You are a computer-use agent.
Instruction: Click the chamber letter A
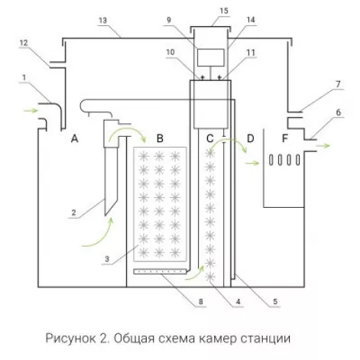(74, 138)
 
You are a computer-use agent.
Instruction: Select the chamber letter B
(160, 138)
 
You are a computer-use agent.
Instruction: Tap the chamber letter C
(209, 138)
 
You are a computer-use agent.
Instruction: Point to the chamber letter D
(251, 138)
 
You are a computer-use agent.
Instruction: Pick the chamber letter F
(285, 138)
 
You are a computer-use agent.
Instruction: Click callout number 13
(102, 21)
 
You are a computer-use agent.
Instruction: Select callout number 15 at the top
(224, 11)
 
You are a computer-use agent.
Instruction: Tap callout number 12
(24, 43)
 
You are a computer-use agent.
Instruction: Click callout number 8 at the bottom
(201, 302)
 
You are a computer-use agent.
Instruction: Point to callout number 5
(275, 302)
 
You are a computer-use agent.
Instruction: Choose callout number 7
(338, 84)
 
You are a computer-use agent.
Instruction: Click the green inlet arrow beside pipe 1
(31, 111)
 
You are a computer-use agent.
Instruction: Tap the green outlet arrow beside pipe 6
(323, 146)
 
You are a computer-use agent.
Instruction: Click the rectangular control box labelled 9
(211, 57)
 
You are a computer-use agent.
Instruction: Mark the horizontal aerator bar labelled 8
(160, 271)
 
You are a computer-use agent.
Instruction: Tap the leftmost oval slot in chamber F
(271, 160)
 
